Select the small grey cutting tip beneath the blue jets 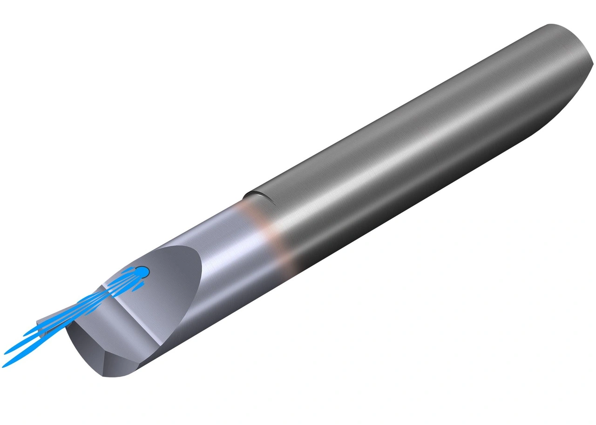[43, 326]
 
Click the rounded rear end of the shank [577, 60]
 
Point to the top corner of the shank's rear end [552, 24]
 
